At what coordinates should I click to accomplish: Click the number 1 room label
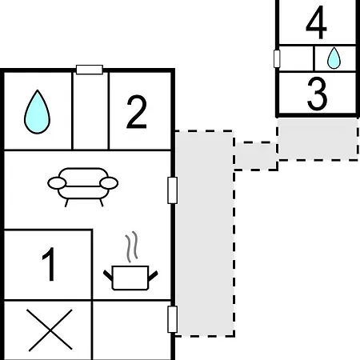pos(49,264)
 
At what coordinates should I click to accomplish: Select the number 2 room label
pos(137,112)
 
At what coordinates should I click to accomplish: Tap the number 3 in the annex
pos(317,94)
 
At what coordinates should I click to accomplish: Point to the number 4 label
pos(316,22)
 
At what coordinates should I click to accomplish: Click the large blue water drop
pos(37,112)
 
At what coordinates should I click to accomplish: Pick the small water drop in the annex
pos(334,58)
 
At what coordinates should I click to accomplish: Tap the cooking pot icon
pos(130,278)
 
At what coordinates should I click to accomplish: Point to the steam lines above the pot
pos(132,246)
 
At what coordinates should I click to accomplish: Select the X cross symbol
pos(50,330)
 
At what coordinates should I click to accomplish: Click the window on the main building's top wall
pos(90,70)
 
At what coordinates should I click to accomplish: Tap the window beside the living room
pos(173,190)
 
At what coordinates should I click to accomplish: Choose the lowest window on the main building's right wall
pos(173,319)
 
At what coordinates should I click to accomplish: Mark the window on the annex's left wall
pos(277,58)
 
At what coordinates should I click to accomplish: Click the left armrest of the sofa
pos(57,183)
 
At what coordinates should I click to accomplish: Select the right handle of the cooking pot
pos(153,276)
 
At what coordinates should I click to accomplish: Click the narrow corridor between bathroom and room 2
pos(90,111)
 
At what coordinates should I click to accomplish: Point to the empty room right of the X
pos(132,330)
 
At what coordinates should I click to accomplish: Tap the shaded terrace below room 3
pos(318,139)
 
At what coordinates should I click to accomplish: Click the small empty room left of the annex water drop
pos(297,58)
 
